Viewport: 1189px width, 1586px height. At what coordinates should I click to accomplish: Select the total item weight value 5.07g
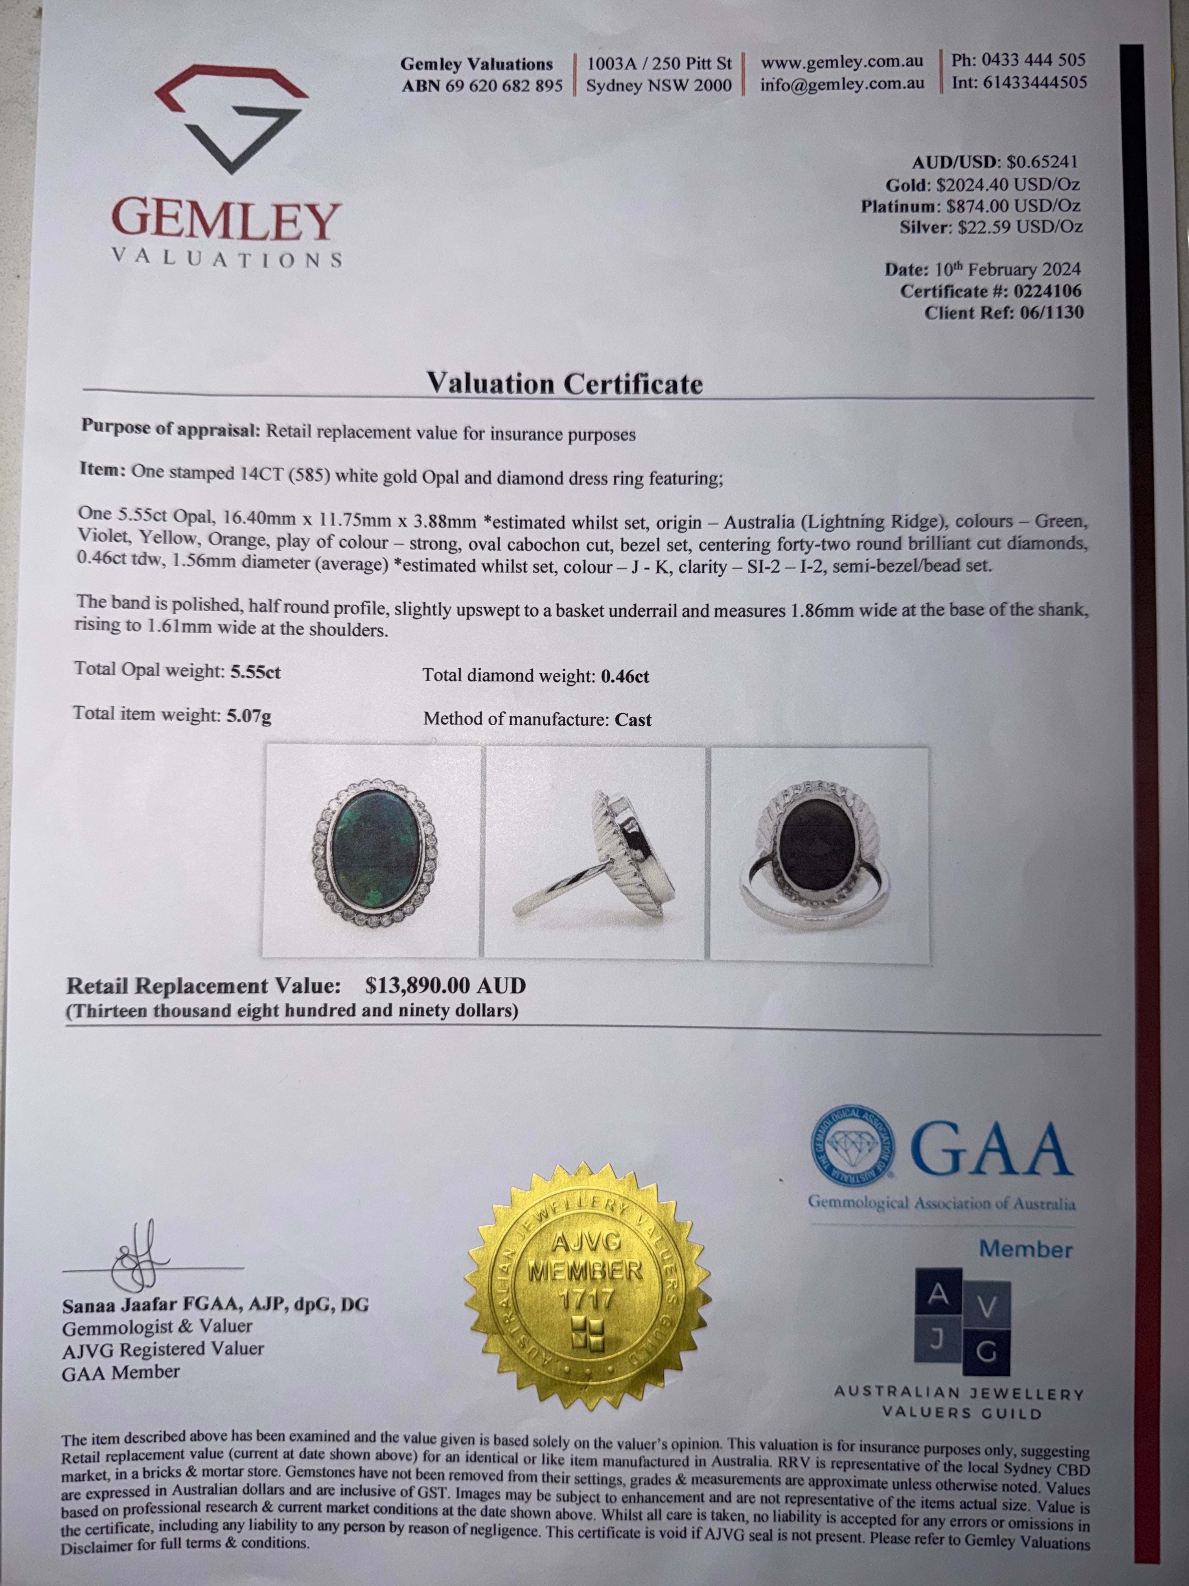click(x=249, y=715)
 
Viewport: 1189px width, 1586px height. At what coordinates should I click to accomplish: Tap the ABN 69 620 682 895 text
click(x=482, y=85)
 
